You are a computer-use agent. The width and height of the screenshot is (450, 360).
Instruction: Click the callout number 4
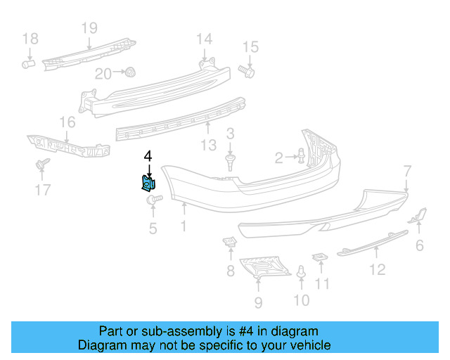pos(148,157)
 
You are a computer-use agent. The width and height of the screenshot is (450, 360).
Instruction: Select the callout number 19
pos(89,28)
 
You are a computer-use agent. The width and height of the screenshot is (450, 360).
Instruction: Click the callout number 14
pos(204,38)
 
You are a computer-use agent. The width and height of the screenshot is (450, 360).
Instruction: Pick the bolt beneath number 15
pos(247,70)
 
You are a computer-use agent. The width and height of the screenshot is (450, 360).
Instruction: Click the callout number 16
pos(67,123)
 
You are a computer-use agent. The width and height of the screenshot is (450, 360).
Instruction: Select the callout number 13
pos(208,146)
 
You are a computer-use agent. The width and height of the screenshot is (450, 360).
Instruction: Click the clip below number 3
pos(230,162)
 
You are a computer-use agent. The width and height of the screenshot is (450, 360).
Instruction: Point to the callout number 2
pos(278,157)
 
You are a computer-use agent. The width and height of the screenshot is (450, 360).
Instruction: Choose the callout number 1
pos(184,226)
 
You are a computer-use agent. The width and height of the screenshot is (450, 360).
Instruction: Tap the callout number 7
pos(406,169)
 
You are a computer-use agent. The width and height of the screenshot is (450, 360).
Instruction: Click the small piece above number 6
pos(419,214)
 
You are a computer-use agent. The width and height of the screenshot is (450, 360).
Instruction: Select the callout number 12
pos(378,268)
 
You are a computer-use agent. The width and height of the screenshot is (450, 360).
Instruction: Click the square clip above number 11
pos(320,257)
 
